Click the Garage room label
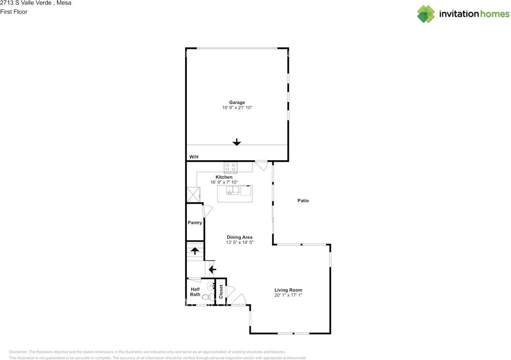coord(237,103)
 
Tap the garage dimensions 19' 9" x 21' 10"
coord(237,107)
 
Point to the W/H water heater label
coord(194,157)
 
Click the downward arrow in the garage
coord(237,142)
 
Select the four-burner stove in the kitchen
coord(230,167)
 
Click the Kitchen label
coord(224,177)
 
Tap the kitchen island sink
coord(232,191)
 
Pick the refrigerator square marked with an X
coord(193,195)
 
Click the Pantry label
coord(195,223)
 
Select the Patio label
coord(303,201)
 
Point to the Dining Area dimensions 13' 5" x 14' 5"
coord(240,242)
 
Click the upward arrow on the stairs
coord(195,251)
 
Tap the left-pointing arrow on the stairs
coord(212,269)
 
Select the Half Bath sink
coord(211,286)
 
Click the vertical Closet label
coord(221,292)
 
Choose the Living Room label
coord(288,290)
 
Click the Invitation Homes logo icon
coord(426,14)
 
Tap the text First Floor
coord(14,12)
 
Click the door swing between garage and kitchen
coord(261,166)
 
